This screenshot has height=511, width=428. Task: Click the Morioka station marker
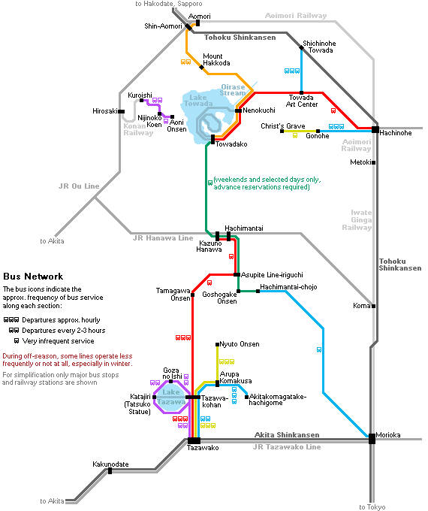(x=372, y=439)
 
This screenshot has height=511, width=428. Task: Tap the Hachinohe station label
(x=396, y=133)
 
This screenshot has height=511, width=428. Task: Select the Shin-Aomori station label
(x=163, y=26)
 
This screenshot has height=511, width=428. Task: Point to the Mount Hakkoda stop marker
(x=201, y=68)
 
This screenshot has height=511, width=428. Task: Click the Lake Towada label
(x=198, y=101)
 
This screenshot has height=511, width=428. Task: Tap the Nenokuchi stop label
(x=259, y=110)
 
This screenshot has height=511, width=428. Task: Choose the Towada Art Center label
(x=302, y=101)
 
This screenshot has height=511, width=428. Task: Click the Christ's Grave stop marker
(x=282, y=131)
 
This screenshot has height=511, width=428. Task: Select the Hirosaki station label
(x=105, y=111)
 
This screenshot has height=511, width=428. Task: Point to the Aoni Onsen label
(x=177, y=125)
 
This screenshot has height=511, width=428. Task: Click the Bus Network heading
(x=33, y=277)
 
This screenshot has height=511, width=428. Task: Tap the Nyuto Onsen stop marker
(x=217, y=344)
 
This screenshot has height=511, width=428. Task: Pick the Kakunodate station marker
(x=110, y=471)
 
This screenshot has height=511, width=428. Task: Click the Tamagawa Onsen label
(x=173, y=295)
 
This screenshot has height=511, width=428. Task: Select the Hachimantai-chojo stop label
(x=288, y=287)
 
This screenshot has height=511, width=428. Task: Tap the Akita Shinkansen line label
(x=287, y=435)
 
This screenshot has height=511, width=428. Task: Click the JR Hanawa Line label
(x=163, y=238)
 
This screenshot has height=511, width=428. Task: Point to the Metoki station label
(x=360, y=162)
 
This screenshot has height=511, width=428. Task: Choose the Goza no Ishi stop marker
(x=170, y=381)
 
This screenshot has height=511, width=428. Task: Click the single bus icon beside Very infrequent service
(x=17, y=341)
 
